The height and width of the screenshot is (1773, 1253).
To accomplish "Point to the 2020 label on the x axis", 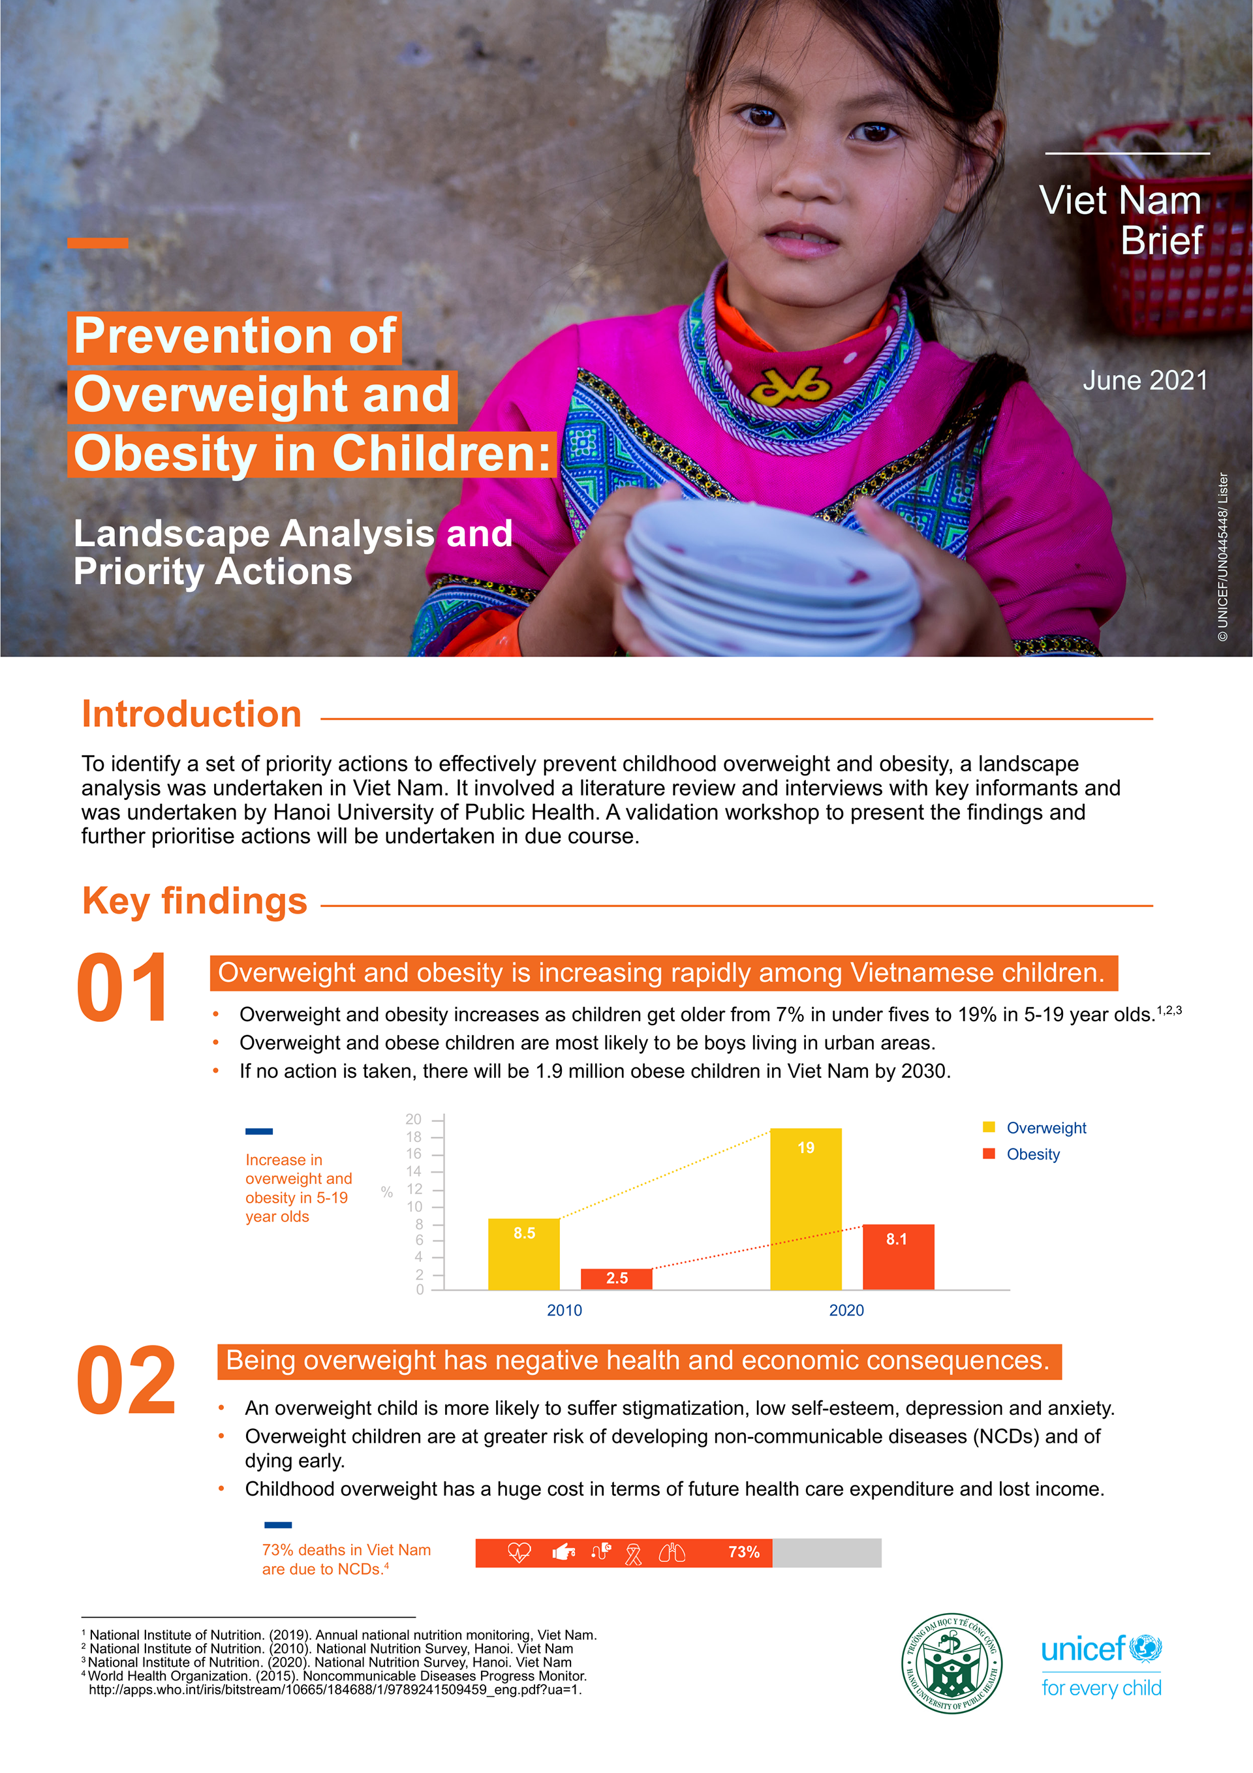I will coord(846,1310).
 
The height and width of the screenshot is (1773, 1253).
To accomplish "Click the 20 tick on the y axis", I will coord(414,1119).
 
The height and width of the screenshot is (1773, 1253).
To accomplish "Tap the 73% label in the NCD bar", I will coord(743,1552).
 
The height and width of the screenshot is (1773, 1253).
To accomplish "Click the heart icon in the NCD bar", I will coord(519,1552).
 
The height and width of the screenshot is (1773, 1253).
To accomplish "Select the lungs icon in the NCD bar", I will coord(672,1552).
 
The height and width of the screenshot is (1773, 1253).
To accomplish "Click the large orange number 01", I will coord(123,988).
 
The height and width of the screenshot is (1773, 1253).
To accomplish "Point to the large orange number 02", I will coord(126,1380).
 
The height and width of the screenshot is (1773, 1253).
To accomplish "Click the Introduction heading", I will coord(192,715).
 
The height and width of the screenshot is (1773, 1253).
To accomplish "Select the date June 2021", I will coord(1144,380).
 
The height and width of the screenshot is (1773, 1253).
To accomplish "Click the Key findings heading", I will coord(194,901).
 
